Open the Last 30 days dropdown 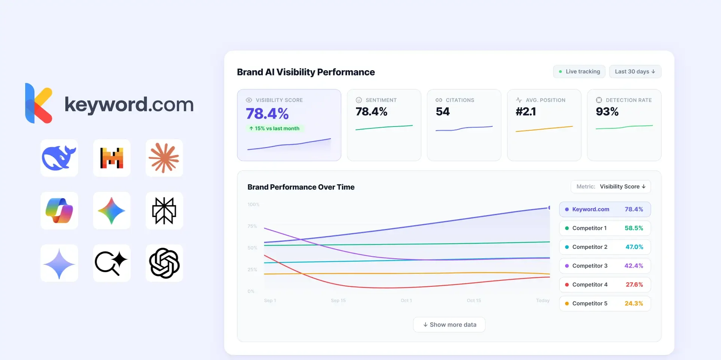[x=635, y=72]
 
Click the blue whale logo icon [x=59, y=158]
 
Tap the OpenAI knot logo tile [x=164, y=263]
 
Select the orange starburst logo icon [x=164, y=158]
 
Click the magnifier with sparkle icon [x=112, y=263]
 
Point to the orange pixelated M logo [x=112, y=158]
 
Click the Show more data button [x=449, y=325]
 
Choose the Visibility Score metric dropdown [x=611, y=187]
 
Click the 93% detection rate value [x=607, y=111]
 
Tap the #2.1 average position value [x=526, y=111]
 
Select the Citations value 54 [x=442, y=111]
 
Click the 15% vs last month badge [x=275, y=128]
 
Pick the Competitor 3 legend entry [x=605, y=266]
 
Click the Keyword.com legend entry [x=605, y=209]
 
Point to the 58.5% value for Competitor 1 [x=634, y=228]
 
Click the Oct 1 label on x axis [x=406, y=301]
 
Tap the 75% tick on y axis [x=252, y=226]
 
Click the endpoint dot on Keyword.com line [x=549, y=208]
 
